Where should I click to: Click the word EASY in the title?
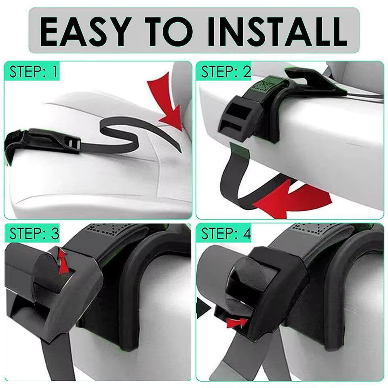(x=86, y=32)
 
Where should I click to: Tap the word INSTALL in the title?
(x=278, y=32)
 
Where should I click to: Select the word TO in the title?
(x=169, y=32)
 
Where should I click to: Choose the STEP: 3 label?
(x=34, y=233)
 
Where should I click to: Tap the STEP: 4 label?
(x=226, y=233)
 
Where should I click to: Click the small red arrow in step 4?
(x=238, y=322)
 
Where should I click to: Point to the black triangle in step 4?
(x=203, y=308)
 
